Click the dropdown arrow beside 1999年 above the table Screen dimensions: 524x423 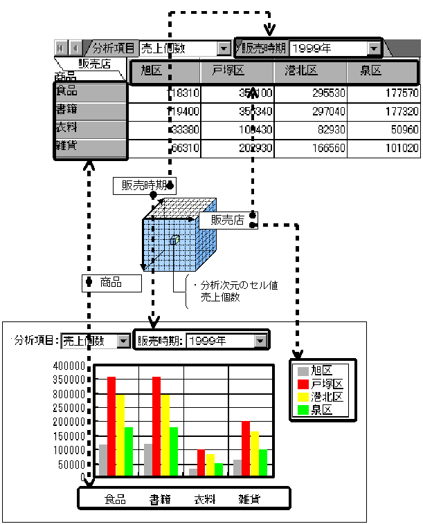pyautogui.click(x=375, y=48)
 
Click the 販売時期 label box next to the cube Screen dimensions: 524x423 pyautogui.click(x=143, y=185)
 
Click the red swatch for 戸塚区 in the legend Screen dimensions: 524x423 pyautogui.click(x=301, y=384)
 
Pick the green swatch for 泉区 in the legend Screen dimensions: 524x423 pyautogui.click(x=301, y=409)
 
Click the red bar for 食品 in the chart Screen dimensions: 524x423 pyautogui.click(x=111, y=426)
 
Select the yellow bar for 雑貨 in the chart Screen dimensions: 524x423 pyautogui.click(x=254, y=453)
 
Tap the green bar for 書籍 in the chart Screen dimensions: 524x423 pyautogui.click(x=174, y=451)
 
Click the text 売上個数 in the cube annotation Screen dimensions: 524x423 pyautogui.click(x=219, y=297)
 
